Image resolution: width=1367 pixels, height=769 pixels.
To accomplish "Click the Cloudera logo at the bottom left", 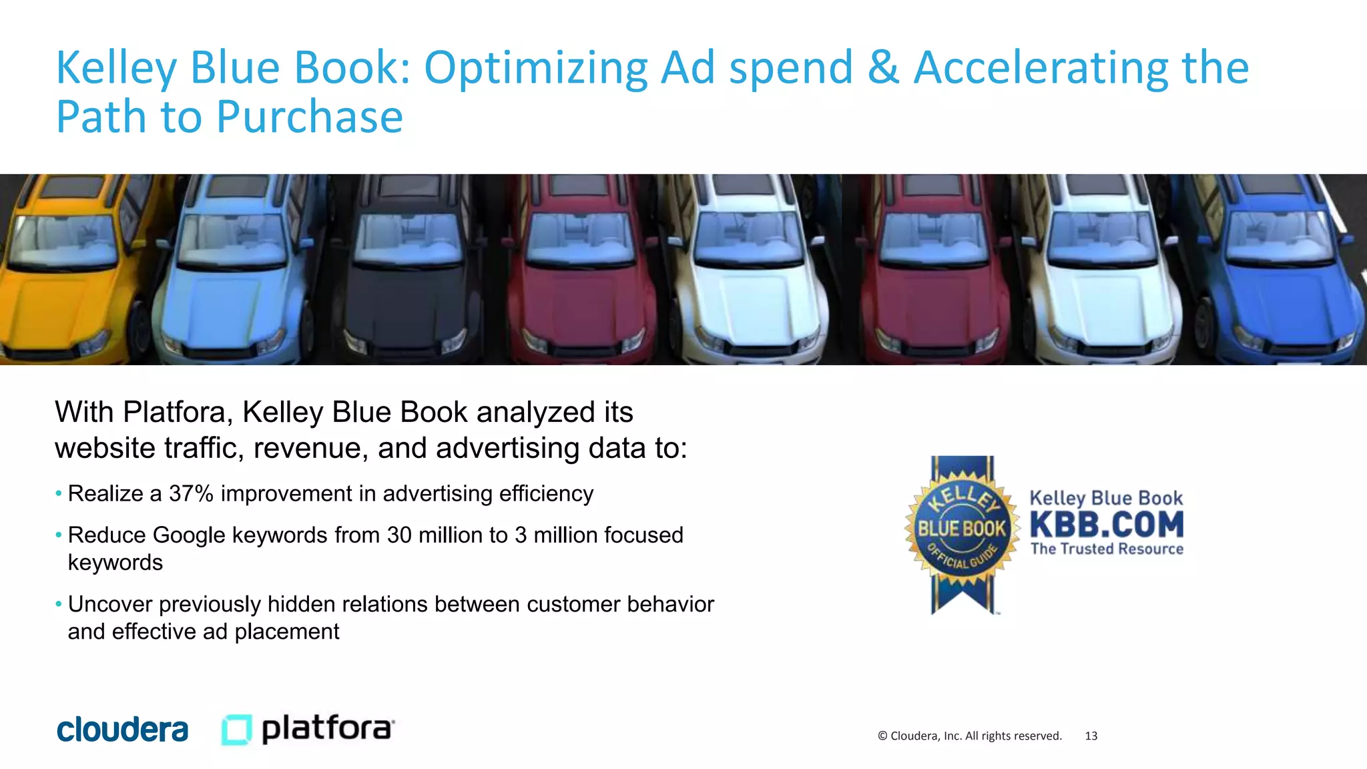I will coord(122,730).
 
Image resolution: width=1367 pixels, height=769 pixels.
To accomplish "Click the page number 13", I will coord(1091,736).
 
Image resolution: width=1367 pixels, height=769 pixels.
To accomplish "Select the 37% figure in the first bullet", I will coord(191,494).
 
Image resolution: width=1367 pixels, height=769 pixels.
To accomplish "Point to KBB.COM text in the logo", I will coord(1106,525).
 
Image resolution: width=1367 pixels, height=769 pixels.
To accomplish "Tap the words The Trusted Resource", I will coord(1106,549).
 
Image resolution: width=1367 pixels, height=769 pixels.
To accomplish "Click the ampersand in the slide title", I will coord(883,68).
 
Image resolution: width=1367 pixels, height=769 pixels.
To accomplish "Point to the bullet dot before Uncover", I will coord(59,604).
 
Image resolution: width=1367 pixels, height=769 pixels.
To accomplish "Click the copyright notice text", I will coord(969,736).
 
